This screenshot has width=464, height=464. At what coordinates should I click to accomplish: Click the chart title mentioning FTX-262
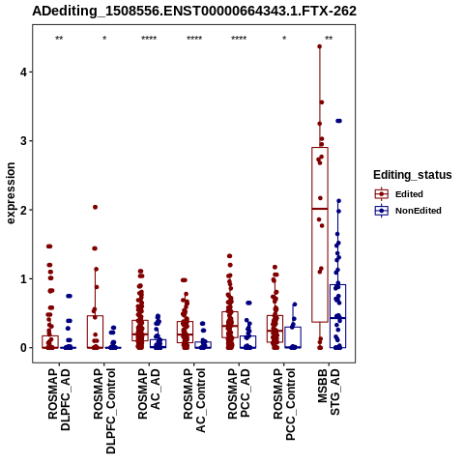click(x=194, y=11)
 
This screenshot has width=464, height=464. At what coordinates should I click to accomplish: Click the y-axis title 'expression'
click(x=11, y=193)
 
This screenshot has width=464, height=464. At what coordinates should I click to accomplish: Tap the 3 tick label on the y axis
click(x=24, y=141)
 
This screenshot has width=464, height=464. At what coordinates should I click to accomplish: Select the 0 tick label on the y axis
click(x=24, y=348)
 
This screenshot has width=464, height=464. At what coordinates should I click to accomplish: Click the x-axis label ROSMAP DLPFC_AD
click(x=59, y=399)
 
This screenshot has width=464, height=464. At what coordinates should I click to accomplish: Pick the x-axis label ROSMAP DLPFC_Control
click(x=104, y=411)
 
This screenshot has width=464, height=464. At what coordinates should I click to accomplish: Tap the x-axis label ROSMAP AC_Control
click(x=194, y=400)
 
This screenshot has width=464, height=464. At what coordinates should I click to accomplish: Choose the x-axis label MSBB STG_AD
click(x=329, y=391)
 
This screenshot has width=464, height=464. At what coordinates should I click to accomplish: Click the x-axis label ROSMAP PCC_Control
click(x=284, y=404)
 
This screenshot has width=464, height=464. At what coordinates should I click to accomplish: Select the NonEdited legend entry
click(x=408, y=211)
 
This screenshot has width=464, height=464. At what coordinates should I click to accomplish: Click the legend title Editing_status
click(x=413, y=175)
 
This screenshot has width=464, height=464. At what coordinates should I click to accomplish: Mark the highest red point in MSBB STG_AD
click(x=320, y=46)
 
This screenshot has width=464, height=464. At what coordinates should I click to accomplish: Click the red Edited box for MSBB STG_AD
click(x=320, y=235)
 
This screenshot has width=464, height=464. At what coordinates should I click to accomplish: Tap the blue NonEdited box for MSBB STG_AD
click(x=337, y=316)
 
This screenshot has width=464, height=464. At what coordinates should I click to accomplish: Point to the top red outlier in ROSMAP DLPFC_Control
click(x=95, y=207)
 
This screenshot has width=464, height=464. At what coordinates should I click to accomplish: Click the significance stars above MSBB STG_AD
click(x=329, y=39)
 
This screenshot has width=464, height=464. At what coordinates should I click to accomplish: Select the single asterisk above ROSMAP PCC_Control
click(x=284, y=39)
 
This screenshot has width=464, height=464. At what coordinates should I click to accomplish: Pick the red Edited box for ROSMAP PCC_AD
click(x=230, y=325)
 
